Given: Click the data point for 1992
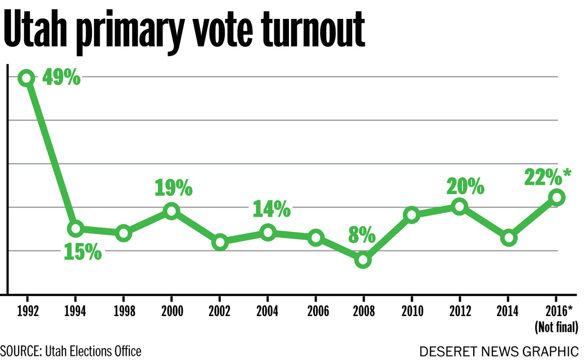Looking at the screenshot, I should (x=26, y=78).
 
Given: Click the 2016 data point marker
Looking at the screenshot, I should (x=556, y=197).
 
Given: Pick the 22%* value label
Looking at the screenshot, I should (x=547, y=178).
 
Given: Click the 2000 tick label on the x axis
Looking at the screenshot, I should (x=172, y=312).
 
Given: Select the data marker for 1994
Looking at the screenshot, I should (x=76, y=228).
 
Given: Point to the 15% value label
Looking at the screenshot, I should (x=83, y=252).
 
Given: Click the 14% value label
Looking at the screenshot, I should (x=271, y=209).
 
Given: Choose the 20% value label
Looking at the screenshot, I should (x=465, y=187).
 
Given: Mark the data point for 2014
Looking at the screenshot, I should (x=508, y=238).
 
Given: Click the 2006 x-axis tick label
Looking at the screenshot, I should (x=315, y=312).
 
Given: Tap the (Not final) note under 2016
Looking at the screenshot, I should (x=556, y=327).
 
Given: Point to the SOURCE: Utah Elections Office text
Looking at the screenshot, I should (x=71, y=351).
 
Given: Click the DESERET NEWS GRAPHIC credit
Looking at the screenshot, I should (x=499, y=352).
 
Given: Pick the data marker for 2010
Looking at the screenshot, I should (x=411, y=215).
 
